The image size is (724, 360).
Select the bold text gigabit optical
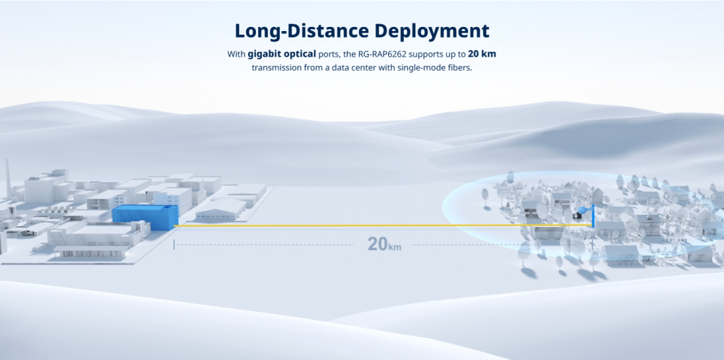pos(281,54)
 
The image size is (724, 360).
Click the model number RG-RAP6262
pos(383,54)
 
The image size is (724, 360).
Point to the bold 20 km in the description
pos(482,54)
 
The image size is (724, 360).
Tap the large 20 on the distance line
pos(378,244)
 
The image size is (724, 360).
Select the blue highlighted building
pos(145,217)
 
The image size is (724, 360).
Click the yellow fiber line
pos(383,226)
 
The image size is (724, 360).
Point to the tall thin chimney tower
pos(8,180)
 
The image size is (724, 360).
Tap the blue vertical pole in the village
pos(593,215)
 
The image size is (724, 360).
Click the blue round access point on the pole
pos(583,210)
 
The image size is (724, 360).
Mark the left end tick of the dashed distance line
pos(174,245)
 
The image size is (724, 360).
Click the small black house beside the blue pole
pos(576,215)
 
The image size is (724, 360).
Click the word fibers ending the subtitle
pos(459,67)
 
